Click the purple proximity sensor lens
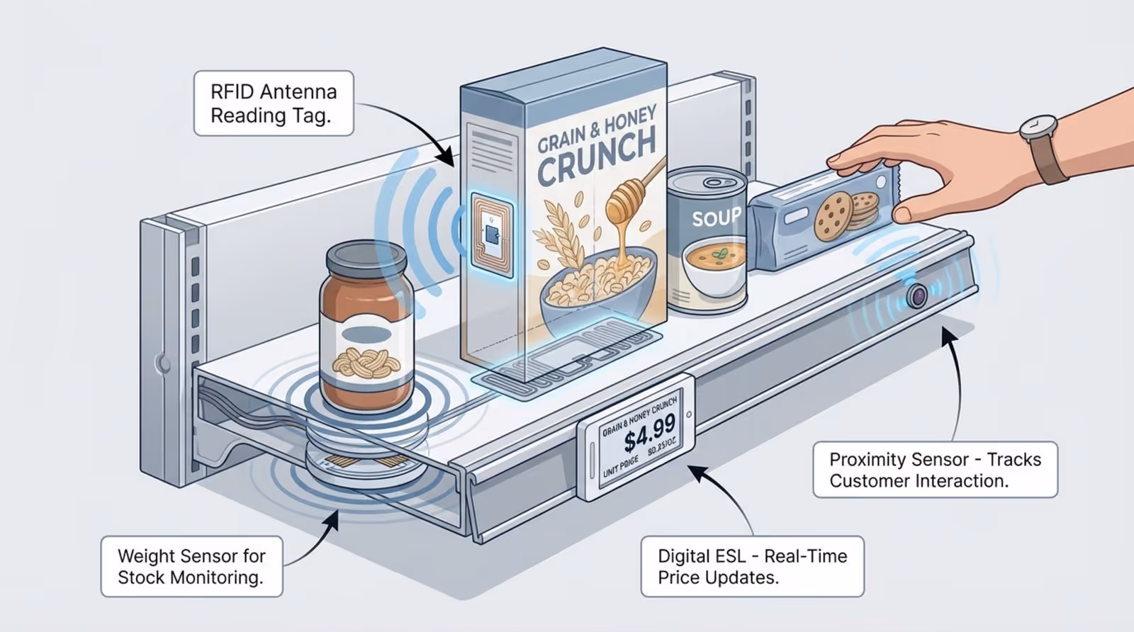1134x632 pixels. [917, 295]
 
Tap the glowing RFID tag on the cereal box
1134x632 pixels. [492, 235]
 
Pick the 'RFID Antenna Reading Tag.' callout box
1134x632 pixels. [274, 103]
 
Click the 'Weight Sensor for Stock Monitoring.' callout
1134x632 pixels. [191, 566]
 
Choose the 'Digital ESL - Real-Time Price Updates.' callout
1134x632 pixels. [752, 566]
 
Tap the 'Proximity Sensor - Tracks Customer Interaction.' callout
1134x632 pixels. [935, 470]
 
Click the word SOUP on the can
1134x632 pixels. [716, 216]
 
